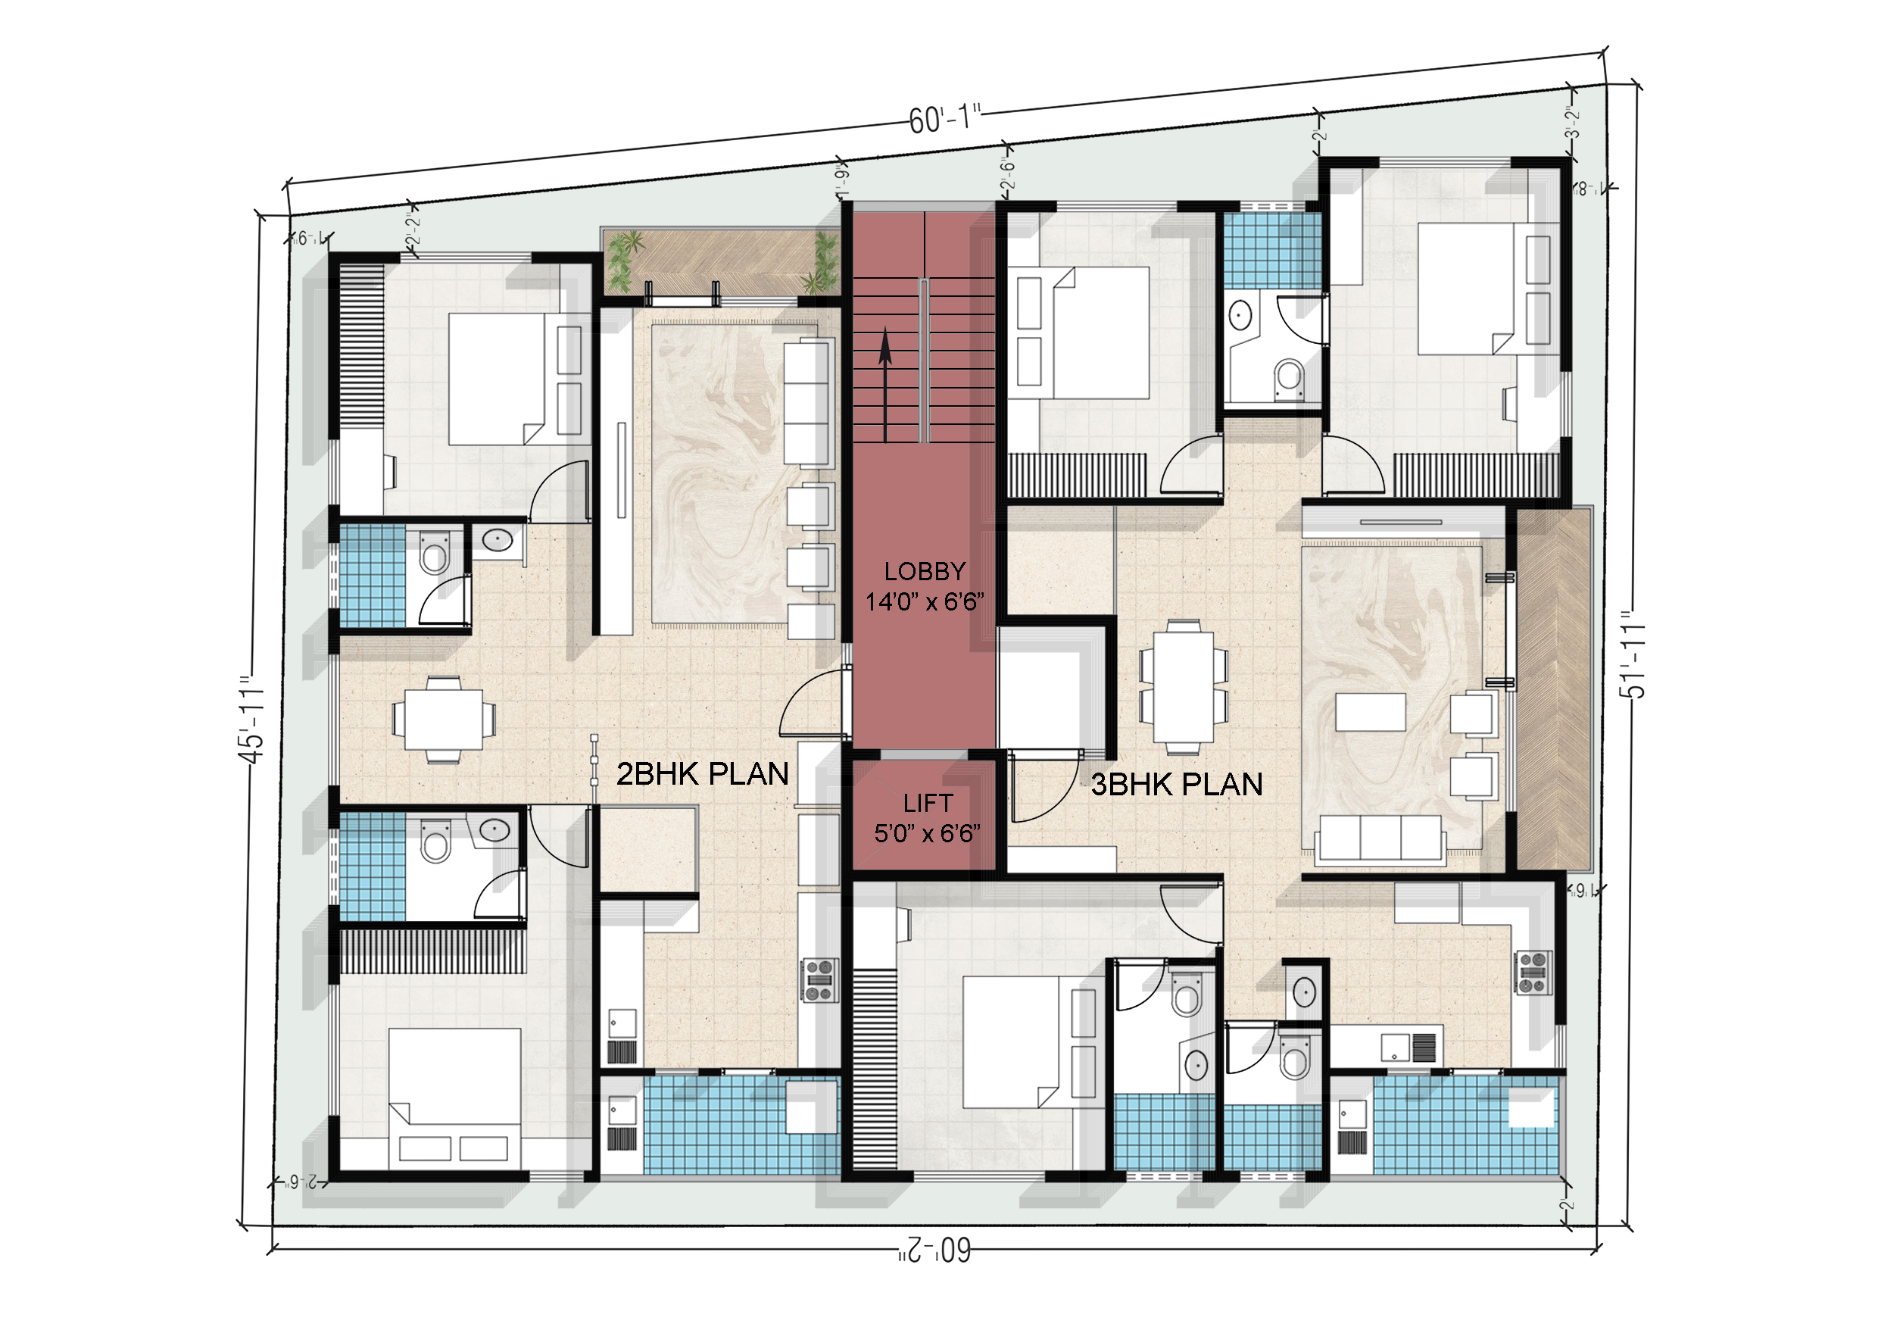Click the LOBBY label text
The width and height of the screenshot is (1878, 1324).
925,571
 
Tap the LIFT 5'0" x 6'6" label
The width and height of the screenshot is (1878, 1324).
927,818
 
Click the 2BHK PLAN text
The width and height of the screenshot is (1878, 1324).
702,774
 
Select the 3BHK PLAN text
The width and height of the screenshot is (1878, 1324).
1176,785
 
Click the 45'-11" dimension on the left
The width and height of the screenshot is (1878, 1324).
252,720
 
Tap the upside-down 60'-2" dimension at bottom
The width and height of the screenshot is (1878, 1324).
934,1250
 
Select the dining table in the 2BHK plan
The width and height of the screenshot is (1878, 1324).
443,720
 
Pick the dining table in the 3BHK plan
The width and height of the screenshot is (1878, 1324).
1184,686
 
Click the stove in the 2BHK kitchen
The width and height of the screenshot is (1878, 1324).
819,980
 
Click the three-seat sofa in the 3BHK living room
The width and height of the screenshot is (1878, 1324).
1380,838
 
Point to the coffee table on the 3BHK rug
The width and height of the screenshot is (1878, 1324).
1370,712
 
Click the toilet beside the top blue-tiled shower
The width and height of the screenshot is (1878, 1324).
1288,377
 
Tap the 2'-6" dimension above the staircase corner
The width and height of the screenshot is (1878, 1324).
1008,173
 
